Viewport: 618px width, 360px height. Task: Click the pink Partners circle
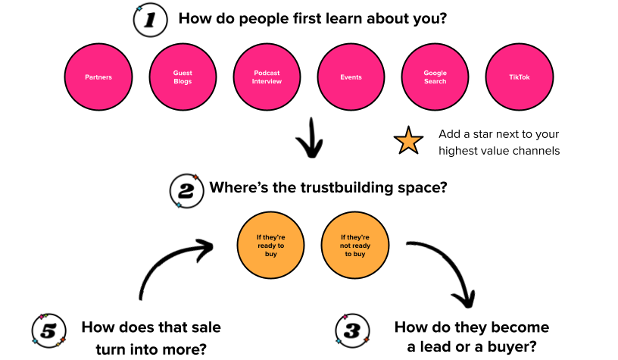tap(98, 77)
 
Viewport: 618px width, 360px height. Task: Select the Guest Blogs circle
tap(183, 77)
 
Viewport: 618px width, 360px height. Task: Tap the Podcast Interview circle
tap(267, 77)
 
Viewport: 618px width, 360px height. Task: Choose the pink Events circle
tap(351, 77)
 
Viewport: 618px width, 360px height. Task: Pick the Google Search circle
tap(435, 77)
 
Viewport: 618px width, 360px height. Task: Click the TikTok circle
tap(519, 77)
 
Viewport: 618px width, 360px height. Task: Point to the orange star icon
tap(408, 141)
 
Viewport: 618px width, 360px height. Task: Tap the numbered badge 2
tap(184, 190)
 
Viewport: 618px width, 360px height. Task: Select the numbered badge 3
tap(351, 330)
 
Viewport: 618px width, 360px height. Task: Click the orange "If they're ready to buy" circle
tap(271, 246)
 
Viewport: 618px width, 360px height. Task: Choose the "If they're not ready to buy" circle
tap(354, 246)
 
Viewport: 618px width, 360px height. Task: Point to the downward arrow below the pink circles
tap(309, 139)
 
